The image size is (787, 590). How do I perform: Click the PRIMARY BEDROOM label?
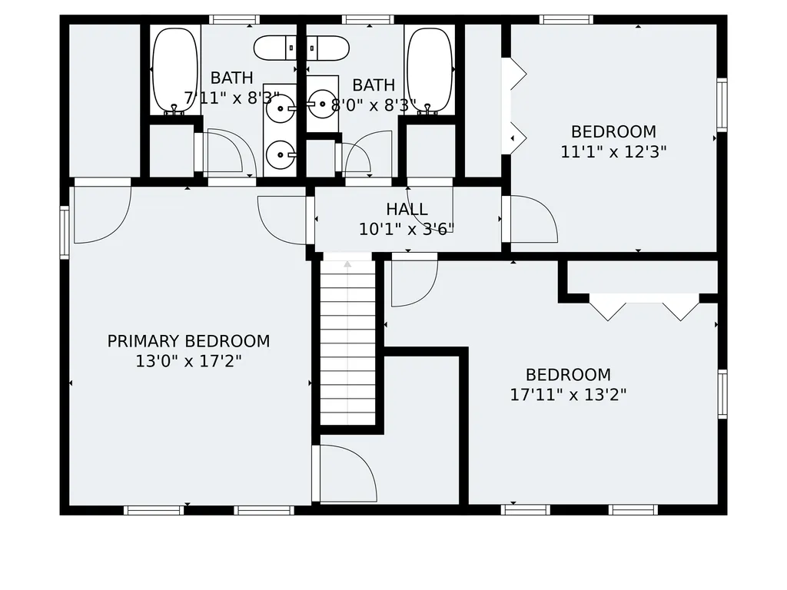pyautogui.click(x=189, y=341)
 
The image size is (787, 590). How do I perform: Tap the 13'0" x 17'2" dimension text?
pyautogui.click(x=189, y=361)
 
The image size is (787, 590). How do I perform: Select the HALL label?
pyautogui.click(x=407, y=209)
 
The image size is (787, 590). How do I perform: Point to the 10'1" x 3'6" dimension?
pyautogui.click(x=407, y=229)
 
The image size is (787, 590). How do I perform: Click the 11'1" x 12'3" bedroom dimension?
pyautogui.click(x=613, y=151)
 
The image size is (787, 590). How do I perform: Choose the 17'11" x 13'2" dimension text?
pyautogui.click(x=568, y=394)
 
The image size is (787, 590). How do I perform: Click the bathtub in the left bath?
pyautogui.click(x=175, y=70)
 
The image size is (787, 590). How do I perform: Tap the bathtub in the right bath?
pyautogui.click(x=430, y=70)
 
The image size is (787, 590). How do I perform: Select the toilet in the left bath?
pyautogui.click(x=274, y=48)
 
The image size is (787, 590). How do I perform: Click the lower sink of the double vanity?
pyautogui.click(x=281, y=155)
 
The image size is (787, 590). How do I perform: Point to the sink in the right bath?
pyautogui.click(x=322, y=104)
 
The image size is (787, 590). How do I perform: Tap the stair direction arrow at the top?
pyautogui.click(x=347, y=264)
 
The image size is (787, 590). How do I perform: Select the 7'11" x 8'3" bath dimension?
pyautogui.click(x=231, y=98)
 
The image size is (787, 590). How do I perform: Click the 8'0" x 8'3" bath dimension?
pyautogui.click(x=374, y=104)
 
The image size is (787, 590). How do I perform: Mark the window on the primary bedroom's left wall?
pyautogui.click(x=65, y=232)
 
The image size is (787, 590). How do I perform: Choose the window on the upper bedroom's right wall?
pyautogui.click(x=722, y=104)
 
